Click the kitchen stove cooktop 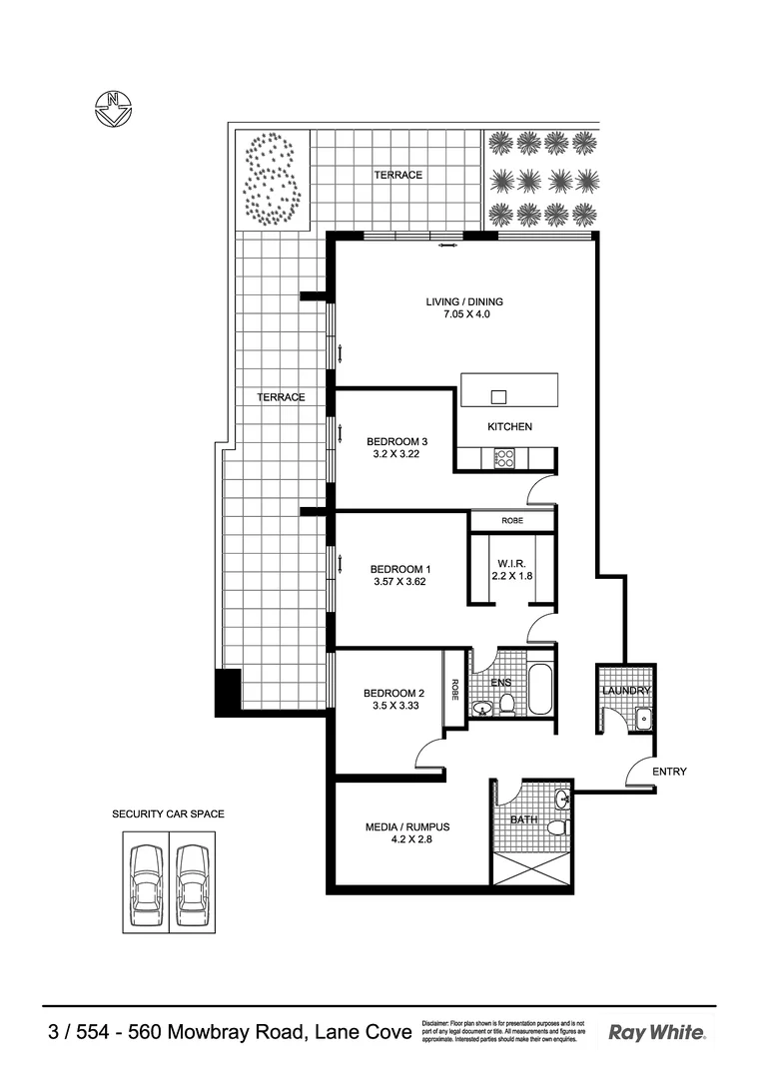[503, 458]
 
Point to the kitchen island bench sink [498, 396]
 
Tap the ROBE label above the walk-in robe [512, 521]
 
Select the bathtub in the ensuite [539, 689]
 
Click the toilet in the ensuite [507, 707]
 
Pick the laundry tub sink [643, 717]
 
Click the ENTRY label [668, 772]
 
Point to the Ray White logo [656, 1033]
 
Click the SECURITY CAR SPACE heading [168, 814]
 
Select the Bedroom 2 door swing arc [427, 754]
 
